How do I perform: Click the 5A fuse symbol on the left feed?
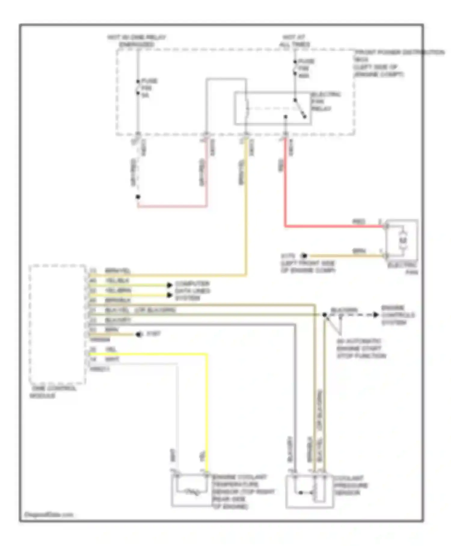pos(138,87)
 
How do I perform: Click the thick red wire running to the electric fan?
pos(331,226)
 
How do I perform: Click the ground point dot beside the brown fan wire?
pos(304,256)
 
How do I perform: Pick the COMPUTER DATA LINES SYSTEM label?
pos(192,291)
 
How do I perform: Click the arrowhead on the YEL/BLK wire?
pos(170,285)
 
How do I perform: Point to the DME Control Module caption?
pos(53,392)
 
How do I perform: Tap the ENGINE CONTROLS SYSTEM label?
pos(397,315)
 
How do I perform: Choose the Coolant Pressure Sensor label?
pos(351,485)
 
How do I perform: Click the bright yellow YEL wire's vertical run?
pos(207,412)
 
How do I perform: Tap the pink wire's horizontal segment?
pos(172,207)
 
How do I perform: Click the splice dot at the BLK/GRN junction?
pos(324,315)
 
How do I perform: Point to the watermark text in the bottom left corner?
pos(48,515)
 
